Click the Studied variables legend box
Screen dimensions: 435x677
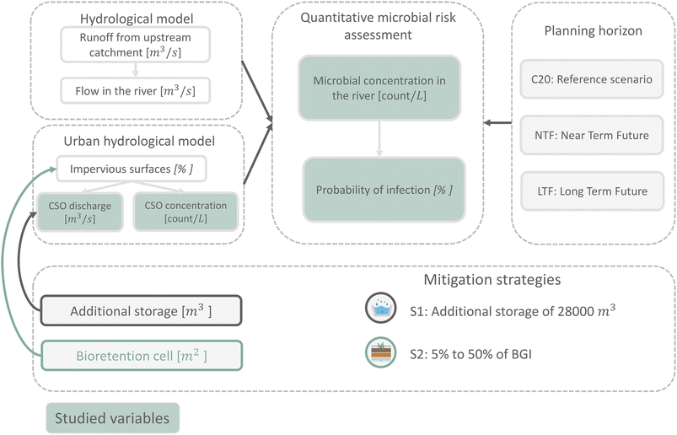[x=111, y=416]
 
